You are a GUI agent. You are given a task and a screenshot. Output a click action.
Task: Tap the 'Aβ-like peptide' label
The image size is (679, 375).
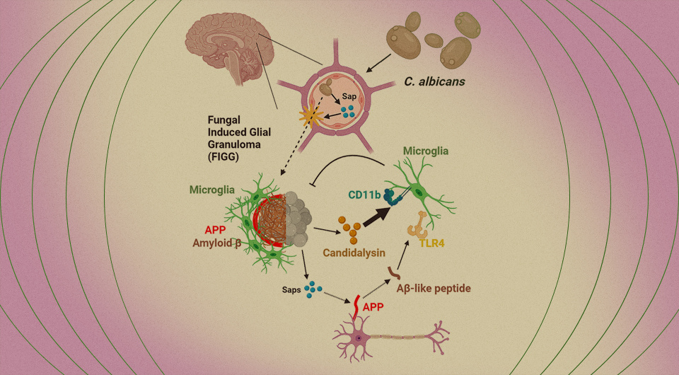pos(434,289)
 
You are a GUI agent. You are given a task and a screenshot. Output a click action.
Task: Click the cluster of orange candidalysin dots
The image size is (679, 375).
pos(350,226)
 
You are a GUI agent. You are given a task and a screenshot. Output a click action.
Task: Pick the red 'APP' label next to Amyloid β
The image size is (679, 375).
pos(215,230)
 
